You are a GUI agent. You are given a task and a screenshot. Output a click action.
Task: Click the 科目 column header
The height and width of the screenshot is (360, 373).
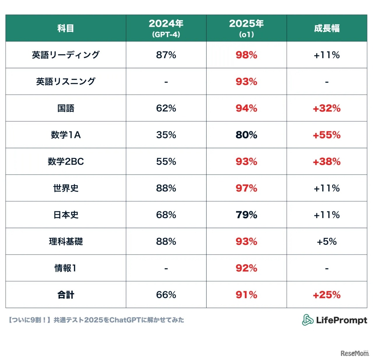[x=66, y=28]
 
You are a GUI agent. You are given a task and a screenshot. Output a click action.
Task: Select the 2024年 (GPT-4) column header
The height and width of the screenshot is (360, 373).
[x=166, y=28]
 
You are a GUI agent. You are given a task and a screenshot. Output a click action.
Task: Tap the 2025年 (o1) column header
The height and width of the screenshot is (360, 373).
[x=247, y=28]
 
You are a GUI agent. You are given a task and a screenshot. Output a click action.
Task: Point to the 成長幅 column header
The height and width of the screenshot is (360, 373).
[x=327, y=28]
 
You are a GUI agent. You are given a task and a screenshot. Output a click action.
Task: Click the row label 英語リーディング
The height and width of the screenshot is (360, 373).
[x=66, y=55]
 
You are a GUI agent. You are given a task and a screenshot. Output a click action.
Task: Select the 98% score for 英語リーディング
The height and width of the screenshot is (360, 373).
[x=247, y=55]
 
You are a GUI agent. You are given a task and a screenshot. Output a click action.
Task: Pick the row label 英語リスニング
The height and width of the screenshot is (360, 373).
[x=66, y=81]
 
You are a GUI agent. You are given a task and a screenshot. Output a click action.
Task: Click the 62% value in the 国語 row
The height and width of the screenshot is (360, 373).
[x=166, y=108]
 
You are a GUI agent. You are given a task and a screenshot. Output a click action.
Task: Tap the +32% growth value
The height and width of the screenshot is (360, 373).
[x=327, y=108]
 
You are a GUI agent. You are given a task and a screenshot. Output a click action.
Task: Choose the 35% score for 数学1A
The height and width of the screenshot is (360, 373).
[x=166, y=135]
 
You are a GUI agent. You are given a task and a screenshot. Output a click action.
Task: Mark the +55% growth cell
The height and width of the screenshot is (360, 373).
[x=327, y=135]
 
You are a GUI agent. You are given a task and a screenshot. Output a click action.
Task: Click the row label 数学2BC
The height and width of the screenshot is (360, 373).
[x=66, y=162]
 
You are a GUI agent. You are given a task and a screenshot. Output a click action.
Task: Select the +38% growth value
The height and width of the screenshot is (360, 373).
[x=327, y=162]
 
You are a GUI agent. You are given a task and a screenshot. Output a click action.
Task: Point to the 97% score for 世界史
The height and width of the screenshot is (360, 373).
[x=247, y=188]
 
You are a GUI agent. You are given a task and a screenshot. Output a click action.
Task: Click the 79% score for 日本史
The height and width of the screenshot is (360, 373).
[x=247, y=215]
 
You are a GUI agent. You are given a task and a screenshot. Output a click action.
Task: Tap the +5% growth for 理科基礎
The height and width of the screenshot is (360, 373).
[x=327, y=242]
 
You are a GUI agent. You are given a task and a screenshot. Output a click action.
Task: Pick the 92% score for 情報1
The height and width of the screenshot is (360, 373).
[x=247, y=268]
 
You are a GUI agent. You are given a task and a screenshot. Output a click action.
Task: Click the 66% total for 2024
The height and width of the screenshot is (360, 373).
[x=166, y=295]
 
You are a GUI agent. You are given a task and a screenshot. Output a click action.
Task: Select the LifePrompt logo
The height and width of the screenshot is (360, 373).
[x=335, y=320]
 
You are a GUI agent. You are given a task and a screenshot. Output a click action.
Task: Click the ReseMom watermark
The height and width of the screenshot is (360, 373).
[x=355, y=353]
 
